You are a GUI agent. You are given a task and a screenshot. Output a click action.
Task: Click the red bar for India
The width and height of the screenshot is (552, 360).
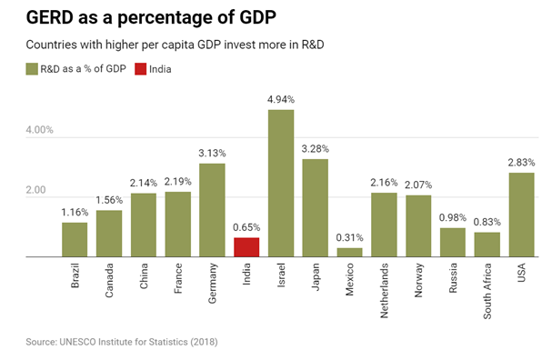246,247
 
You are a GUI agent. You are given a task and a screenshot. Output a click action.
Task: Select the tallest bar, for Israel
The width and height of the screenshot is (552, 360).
281,183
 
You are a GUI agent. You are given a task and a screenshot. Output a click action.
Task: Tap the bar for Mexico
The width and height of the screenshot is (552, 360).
350,252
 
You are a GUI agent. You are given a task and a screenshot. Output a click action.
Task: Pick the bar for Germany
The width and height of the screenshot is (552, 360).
212,210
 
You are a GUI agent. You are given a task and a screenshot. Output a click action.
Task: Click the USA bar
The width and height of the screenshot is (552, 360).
521,215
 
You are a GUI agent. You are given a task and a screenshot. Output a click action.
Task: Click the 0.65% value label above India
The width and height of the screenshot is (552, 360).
246,227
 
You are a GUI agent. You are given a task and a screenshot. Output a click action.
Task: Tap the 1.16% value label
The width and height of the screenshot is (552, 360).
75,213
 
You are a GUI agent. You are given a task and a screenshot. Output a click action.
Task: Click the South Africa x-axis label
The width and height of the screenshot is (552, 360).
488,286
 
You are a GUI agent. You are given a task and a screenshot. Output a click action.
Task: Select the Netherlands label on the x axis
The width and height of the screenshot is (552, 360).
385,286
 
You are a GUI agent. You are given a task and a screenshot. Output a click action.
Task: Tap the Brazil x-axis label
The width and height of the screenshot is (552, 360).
75,277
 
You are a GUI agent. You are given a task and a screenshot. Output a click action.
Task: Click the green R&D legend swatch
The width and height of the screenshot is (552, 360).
32,68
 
